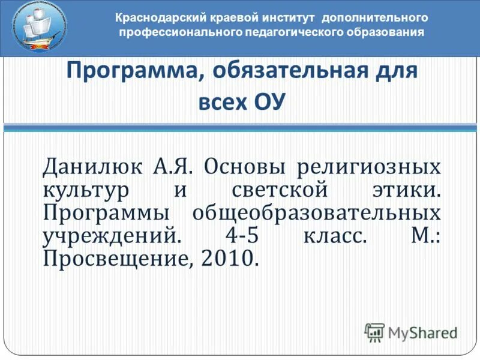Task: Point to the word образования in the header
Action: point(385,32)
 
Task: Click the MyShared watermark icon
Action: point(374,332)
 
